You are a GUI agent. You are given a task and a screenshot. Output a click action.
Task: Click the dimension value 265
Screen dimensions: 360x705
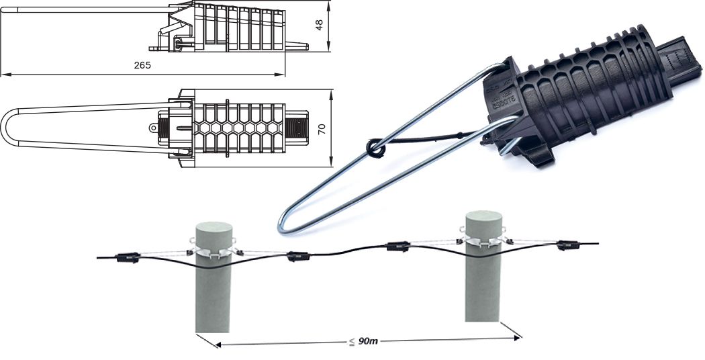[x=142, y=65]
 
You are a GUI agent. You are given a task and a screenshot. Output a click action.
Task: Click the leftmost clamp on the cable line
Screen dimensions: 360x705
[x=127, y=256]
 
